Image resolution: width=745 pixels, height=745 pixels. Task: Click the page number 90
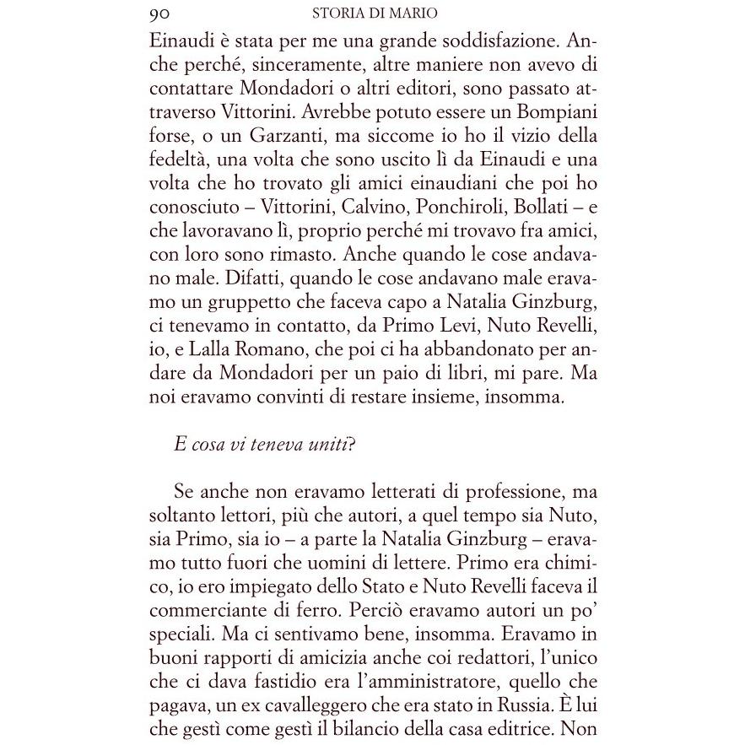click(x=160, y=13)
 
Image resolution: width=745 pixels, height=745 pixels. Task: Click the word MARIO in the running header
click(x=413, y=13)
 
